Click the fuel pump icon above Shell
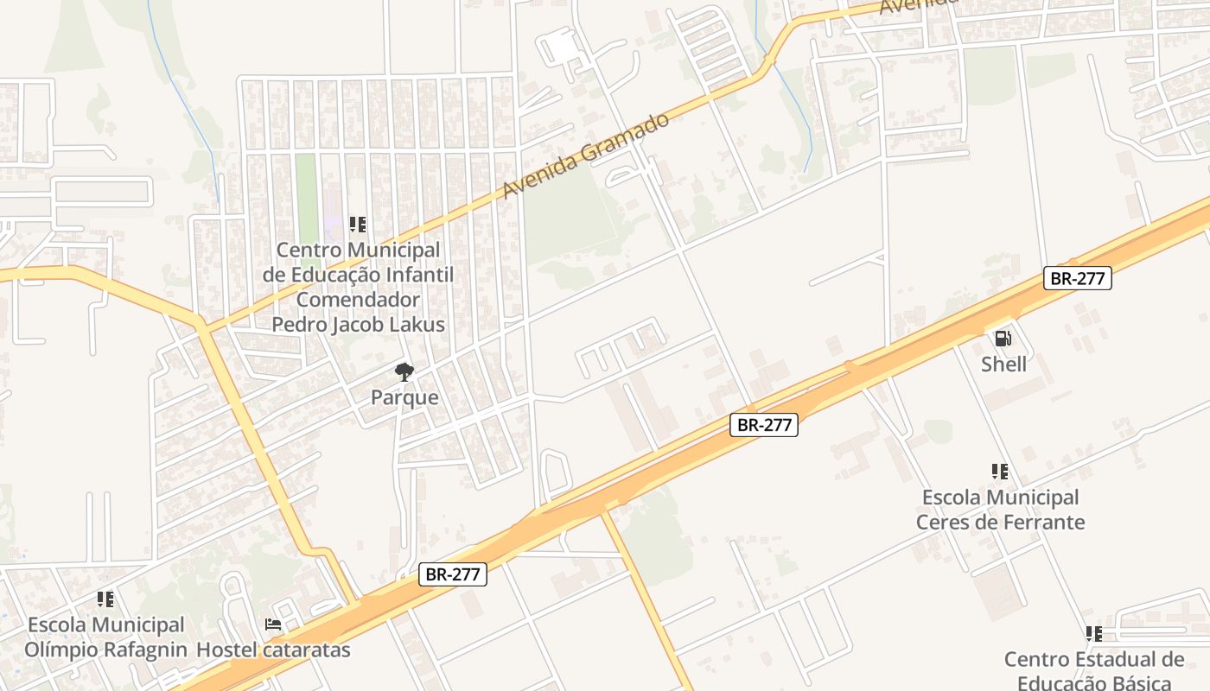tap(1003, 339)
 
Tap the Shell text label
tap(1004, 365)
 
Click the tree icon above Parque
tap(404, 372)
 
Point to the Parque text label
tap(404, 398)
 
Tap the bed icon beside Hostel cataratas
tap(273, 624)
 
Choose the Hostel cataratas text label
tap(274, 650)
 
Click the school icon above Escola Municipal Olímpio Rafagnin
tap(105, 599)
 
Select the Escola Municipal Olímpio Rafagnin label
tap(105, 637)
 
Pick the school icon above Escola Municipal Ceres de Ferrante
tap(1000, 472)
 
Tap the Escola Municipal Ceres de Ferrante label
tap(1000, 510)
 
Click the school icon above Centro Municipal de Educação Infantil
tap(358, 225)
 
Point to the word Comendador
tap(358, 300)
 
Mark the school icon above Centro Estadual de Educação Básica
tap(1094, 634)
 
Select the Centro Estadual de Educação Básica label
tap(1094, 671)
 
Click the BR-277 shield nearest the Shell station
tap(1077, 278)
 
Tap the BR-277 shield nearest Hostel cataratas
tap(453, 574)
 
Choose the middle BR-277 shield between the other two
tap(763, 425)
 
